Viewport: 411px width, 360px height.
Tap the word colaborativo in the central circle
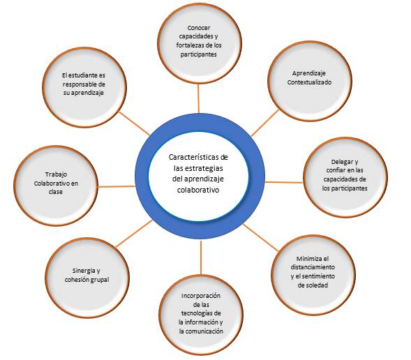[198, 190]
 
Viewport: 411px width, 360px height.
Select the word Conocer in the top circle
[199, 28]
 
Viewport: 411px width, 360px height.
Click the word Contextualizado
[309, 82]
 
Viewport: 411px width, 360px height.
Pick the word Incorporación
[201, 296]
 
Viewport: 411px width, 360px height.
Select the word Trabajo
[56, 174]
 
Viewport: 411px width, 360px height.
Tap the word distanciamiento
[313, 267]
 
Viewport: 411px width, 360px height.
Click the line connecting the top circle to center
[198, 98]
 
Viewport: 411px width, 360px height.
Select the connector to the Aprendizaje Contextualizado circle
[264, 123]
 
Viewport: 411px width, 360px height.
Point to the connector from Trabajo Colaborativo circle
[116, 186]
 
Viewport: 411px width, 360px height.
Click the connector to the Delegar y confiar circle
[284, 182]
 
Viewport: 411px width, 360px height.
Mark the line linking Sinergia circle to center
[134, 234]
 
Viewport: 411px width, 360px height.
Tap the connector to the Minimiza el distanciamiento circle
[260, 238]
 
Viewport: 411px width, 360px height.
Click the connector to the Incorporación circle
[201, 257]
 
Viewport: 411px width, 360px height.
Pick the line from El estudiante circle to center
[134, 123]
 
